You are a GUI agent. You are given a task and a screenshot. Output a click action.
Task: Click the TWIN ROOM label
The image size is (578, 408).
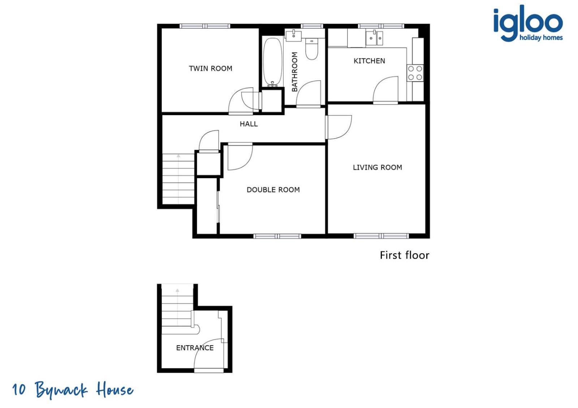(210, 69)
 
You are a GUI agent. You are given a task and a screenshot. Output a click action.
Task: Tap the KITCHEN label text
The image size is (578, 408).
(369, 61)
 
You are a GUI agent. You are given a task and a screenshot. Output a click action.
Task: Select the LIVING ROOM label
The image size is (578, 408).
(378, 167)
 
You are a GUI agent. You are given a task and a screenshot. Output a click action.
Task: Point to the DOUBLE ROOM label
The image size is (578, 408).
(273, 190)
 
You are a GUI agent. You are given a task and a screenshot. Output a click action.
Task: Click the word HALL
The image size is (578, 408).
(249, 124)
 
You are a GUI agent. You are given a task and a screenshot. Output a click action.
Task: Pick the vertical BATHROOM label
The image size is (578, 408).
(294, 72)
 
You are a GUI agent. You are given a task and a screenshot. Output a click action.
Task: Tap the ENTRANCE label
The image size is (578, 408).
(195, 348)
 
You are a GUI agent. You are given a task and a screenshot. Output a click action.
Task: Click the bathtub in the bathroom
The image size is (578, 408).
(272, 62)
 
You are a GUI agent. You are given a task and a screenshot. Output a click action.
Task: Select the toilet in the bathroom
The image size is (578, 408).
(312, 49)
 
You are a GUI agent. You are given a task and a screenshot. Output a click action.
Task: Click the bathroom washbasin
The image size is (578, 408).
(293, 36)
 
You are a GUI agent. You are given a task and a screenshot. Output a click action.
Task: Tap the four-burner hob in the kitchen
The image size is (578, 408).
(415, 73)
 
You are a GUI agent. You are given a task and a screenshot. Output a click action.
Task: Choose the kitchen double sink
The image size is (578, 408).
(374, 38)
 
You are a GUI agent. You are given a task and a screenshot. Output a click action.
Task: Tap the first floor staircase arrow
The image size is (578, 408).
(178, 179)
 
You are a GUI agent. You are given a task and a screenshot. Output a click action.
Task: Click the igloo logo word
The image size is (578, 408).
(528, 23)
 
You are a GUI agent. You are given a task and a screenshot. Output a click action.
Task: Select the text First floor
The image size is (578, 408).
(405, 255)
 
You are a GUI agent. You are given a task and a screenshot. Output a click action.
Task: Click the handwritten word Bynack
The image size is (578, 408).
(61, 390)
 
